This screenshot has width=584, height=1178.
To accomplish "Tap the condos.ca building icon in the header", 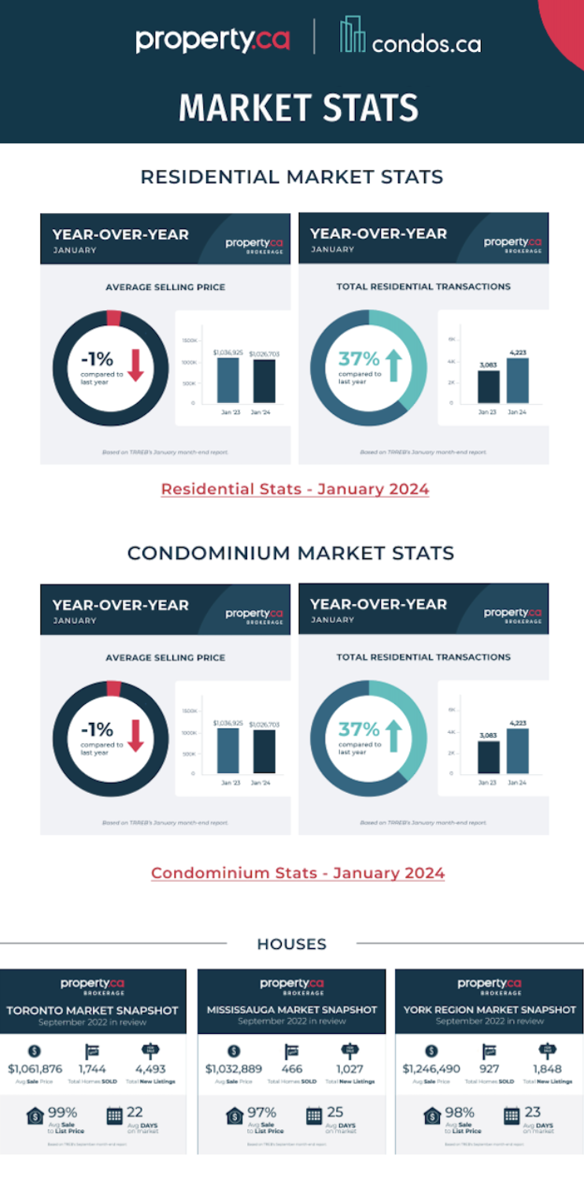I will click(x=353, y=36).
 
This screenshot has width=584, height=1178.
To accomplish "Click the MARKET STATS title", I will click(x=298, y=108).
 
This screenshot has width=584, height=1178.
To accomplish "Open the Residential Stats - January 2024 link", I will click(x=295, y=489).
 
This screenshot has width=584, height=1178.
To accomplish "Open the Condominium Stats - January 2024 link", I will click(x=298, y=873).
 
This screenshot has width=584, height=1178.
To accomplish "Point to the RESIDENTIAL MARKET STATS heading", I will click(x=291, y=176).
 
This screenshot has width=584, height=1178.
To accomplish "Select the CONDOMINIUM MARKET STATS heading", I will click(x=290, y=553).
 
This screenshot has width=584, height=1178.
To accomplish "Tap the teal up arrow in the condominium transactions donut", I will click(x=394, y=736).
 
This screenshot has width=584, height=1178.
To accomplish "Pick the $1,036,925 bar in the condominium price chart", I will click(x=227, y=750).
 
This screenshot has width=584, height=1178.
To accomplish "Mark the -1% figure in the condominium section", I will click(x=97, y=729).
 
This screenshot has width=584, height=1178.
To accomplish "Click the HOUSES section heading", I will click(x=291, y=943).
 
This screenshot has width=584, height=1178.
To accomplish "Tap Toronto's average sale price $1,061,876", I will click(x=35, y=1069).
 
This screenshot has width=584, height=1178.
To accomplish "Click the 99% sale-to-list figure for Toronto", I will click(x=62, y=1113).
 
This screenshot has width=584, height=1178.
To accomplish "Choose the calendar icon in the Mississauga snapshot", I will click(x=314, y=1116).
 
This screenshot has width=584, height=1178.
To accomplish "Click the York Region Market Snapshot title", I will click(x=490, y=1009).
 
